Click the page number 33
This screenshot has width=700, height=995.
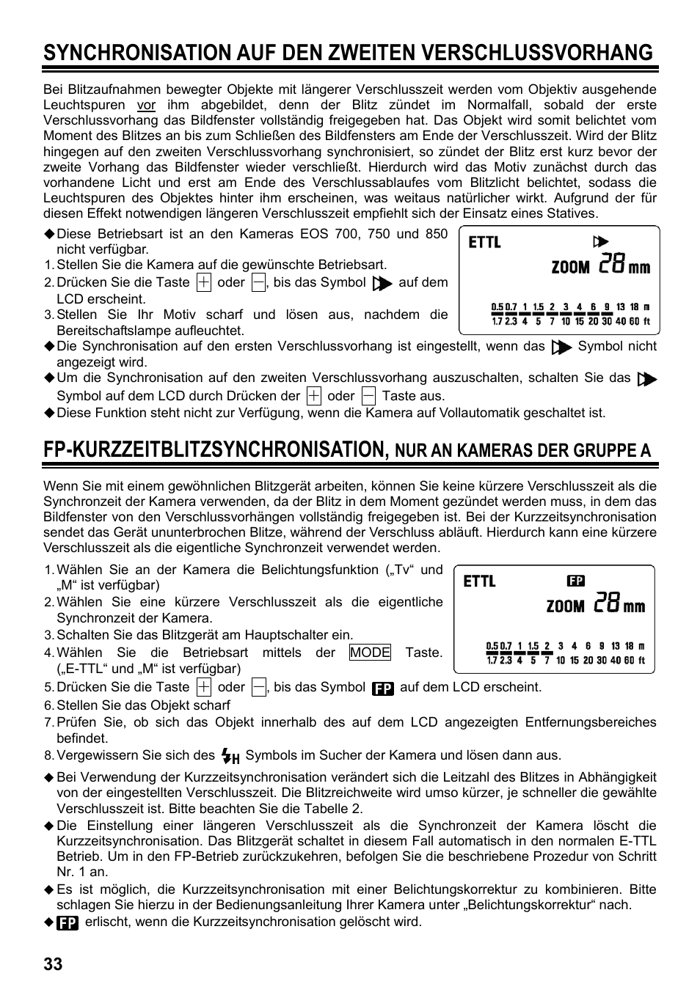(53, 963)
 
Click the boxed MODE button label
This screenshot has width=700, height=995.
(370, 653)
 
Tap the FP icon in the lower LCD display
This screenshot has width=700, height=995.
(575, 581)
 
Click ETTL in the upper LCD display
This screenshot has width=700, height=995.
(485, 242)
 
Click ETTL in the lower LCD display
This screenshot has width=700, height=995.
(480, 581)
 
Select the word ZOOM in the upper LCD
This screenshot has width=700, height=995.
(570, 268)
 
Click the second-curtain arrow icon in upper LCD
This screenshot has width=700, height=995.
(601, 242)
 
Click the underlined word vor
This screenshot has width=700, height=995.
(147, 105)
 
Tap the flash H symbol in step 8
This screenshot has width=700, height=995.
(230, 756)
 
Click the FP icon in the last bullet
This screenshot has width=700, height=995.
(68, 922)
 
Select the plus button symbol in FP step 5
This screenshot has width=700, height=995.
(204, 687)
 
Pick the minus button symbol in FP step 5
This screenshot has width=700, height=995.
(258, 687)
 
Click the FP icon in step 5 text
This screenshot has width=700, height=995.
(382, 689)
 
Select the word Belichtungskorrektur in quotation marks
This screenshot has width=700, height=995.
(529, 905)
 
